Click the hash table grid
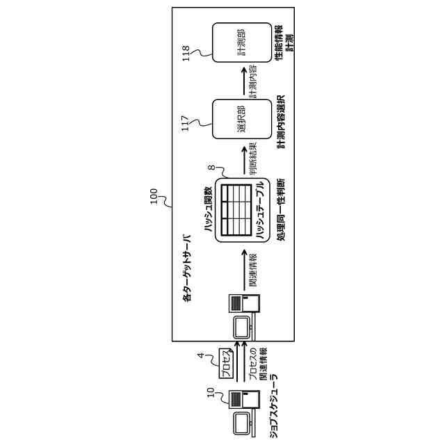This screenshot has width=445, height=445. point(236,209)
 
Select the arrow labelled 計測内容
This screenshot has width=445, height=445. point(245,82)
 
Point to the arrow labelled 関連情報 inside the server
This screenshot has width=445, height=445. point(245,270)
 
